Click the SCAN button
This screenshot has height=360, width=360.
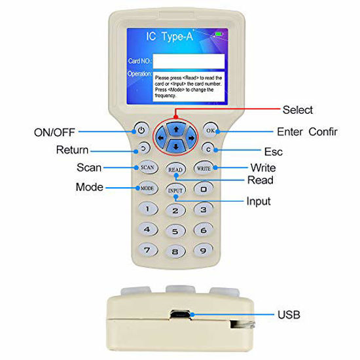tap(146, 167)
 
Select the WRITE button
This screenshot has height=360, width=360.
tap(204, 168)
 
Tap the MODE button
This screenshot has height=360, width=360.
tap(145, 188)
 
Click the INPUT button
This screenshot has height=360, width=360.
tap(175, 190)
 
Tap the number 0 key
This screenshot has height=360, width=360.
tap(204, 189)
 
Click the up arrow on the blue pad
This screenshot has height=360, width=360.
tap(175, 129)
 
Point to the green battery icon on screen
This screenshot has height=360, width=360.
tap(218, 33)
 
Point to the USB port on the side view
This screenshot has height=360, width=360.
tap(177, 316)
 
